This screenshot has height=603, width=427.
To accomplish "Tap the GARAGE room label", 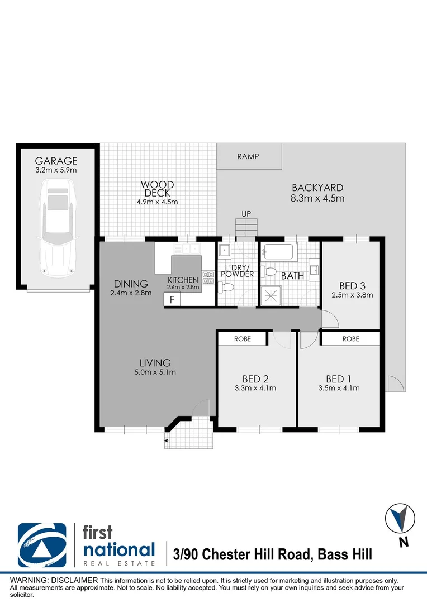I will (56, 161).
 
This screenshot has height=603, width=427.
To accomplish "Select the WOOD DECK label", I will (157, 189).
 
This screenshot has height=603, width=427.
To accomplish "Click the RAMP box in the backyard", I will (249, 156).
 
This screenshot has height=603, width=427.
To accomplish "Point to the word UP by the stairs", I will (246, 214).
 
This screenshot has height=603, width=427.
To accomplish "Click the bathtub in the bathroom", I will (279, 252).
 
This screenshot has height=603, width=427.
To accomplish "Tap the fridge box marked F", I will (172, 299).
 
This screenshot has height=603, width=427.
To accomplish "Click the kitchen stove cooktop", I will (209, 277).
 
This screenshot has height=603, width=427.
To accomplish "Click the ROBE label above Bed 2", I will (243, 339).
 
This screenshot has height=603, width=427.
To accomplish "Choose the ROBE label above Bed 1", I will (350, 339).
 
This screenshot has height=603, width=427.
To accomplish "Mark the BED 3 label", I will (353, 285).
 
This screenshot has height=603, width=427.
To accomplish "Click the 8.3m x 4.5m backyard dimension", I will (317, 198).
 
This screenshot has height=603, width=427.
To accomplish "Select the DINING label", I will (130, 284).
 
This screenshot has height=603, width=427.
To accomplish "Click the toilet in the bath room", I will (271, 272).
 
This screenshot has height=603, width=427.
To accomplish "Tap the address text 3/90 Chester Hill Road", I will (243, 554).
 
